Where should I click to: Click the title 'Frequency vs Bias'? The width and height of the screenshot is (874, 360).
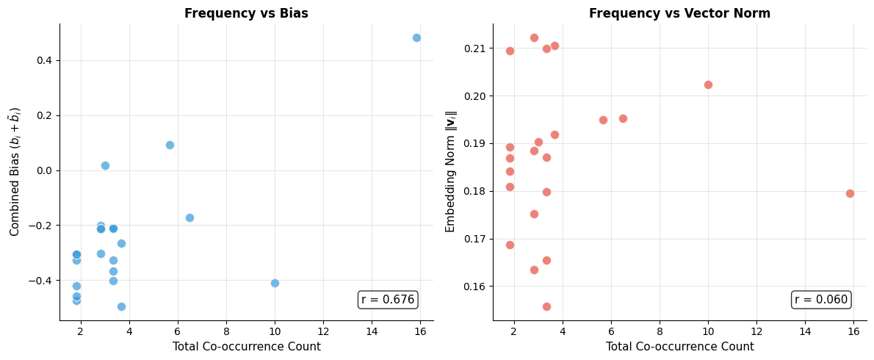[246, 13]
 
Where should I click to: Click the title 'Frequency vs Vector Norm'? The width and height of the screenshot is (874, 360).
[679, 13]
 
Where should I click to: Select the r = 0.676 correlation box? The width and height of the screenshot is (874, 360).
[388, 299]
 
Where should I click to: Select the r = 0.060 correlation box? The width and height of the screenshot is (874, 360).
[821, 299]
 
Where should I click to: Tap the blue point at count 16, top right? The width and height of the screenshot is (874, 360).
[416, 37]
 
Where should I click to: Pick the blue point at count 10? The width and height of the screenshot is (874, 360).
[275, 283]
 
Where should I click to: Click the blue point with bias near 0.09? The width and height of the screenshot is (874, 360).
[170, 145]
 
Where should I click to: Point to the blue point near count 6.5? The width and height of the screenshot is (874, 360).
[189, 217]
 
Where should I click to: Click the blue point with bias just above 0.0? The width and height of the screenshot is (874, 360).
[105, 165]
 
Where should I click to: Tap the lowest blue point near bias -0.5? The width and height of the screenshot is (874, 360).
[121, 306]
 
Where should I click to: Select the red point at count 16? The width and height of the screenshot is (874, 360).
[850, 193]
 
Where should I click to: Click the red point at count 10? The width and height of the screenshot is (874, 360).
[708, 84]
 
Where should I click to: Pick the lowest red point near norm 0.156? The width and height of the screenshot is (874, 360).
[546, 306]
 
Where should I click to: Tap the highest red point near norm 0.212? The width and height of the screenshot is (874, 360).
[534, 37]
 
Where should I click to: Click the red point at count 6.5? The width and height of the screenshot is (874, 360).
[623, 118]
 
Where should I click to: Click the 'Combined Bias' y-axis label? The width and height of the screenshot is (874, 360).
[15, 171]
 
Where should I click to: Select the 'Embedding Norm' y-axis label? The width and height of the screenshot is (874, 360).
[451, 171]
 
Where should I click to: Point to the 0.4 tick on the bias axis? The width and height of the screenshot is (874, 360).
[42, 60]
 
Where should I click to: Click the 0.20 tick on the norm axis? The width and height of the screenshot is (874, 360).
[475, 96]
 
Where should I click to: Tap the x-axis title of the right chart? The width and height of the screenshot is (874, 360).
[679, 347]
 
